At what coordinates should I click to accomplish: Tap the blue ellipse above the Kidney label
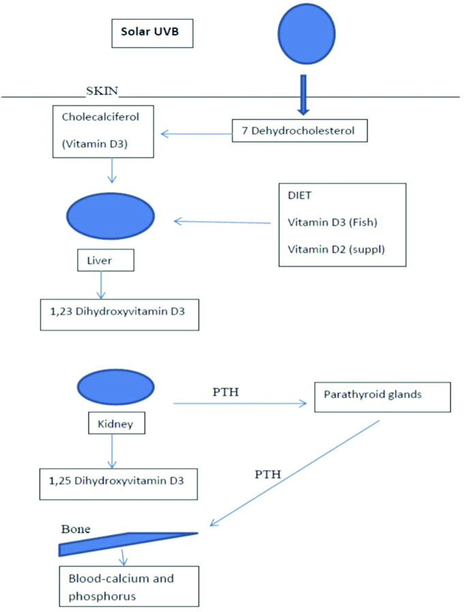tap(111, 388)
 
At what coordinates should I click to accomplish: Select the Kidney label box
tap(114, 424)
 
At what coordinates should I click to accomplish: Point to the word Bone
tap(75, 529)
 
